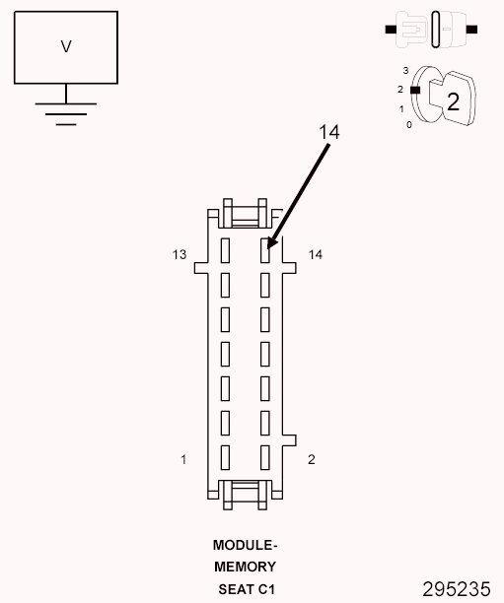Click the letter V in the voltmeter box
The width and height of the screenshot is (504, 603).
(66, 46)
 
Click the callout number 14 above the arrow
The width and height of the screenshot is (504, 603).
(328, 132)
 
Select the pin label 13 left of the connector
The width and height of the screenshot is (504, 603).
(179, 255)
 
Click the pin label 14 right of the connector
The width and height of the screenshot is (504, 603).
(316, 255)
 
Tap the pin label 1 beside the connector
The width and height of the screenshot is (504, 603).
(183, 459)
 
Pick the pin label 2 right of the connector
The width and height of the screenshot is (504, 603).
(312, 459)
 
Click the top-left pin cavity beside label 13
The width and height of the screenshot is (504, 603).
(225, 249)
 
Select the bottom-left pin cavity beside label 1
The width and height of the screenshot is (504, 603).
(225, 456)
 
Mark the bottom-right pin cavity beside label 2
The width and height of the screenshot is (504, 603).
(264, 456)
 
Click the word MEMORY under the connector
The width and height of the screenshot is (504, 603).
(245, 567)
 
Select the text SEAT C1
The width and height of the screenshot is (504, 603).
(245, 589)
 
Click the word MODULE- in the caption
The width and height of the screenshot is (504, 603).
(245, 545)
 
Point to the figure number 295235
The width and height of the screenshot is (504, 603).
(456, 589)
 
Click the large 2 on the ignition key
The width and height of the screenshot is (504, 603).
(453, 100)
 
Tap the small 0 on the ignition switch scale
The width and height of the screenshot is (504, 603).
(409, 125)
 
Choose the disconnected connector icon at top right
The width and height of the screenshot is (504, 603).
(432, 30)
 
